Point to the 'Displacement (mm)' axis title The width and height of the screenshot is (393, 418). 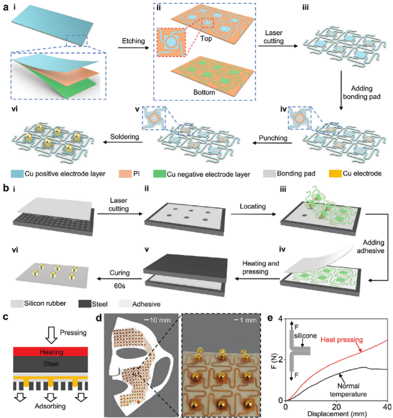(x=337, y=412)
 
